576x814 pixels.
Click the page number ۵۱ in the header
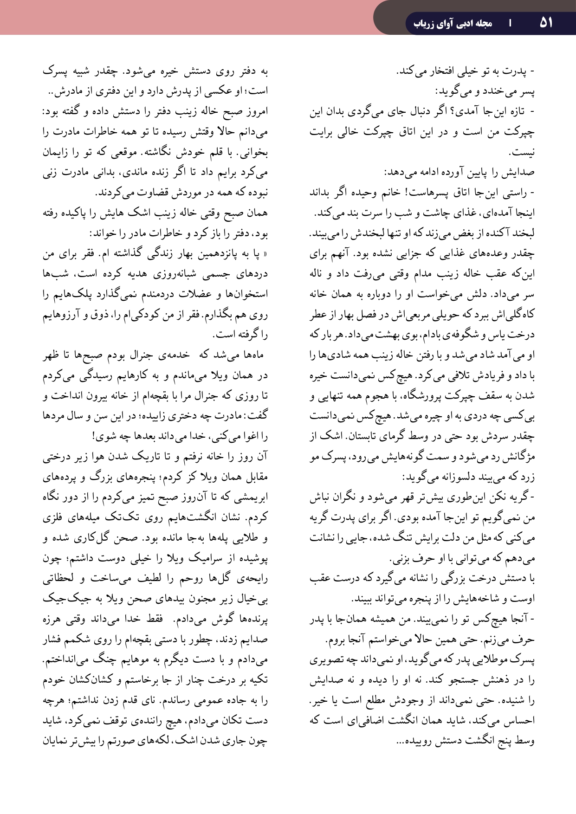click(546, 22)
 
